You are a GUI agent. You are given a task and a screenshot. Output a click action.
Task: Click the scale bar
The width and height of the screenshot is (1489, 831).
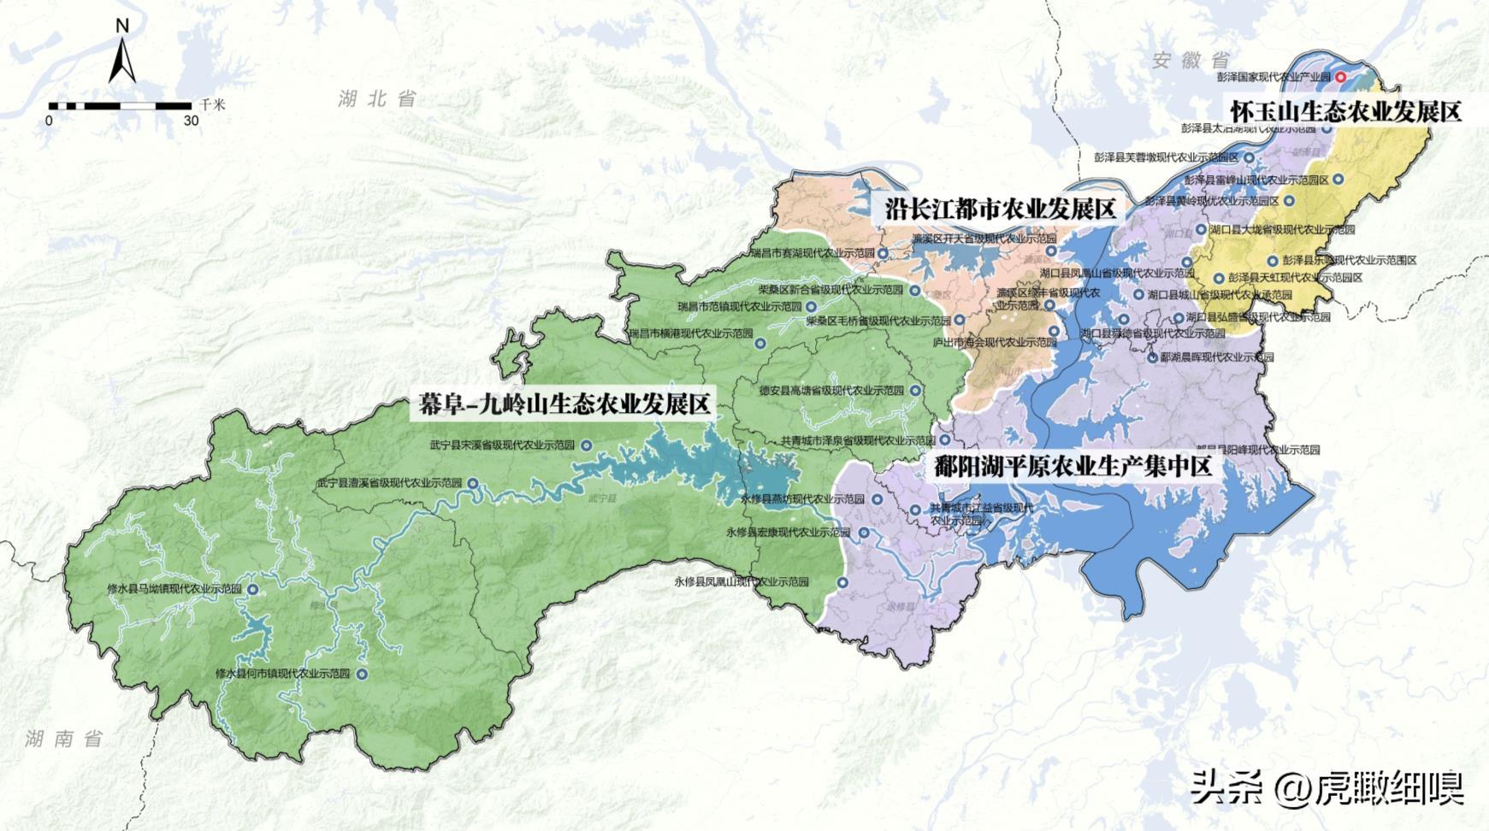[x=120, y=106]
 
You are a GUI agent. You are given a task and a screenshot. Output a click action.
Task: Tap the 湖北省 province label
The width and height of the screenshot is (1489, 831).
[x=376, y=98]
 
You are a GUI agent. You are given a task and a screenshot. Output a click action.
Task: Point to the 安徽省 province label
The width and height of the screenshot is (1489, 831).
[x=1190, y=60]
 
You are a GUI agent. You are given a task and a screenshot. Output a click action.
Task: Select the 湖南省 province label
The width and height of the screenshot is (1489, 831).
[x=64, y=739]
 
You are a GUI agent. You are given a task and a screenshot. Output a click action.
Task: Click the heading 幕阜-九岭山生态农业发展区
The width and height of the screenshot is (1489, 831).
[x=564, y=404]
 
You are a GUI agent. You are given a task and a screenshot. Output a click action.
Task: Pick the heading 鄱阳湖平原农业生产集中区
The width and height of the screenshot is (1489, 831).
[x=1073, y=467]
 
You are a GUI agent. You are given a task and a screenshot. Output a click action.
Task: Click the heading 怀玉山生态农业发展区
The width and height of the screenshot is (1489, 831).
[x=1346, y=111]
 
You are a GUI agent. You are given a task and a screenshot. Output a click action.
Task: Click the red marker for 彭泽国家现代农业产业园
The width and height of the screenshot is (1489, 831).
[x=1341, y=77]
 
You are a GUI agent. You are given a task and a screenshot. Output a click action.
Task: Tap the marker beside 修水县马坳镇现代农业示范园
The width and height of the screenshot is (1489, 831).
[x=252, y=589]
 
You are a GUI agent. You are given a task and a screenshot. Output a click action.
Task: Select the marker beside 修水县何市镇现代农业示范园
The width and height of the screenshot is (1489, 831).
[x=362, y=674]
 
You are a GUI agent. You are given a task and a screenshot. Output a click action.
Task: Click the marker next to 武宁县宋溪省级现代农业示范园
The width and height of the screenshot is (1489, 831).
[x=586, y=445]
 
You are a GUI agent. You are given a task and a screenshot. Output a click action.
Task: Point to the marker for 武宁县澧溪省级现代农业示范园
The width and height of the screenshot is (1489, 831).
[x=472, y=483]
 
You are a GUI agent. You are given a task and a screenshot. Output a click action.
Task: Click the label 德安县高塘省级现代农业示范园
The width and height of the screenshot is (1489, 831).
[x=831, y=390]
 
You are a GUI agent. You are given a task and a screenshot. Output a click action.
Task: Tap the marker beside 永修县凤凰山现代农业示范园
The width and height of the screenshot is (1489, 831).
[x=842, y=582]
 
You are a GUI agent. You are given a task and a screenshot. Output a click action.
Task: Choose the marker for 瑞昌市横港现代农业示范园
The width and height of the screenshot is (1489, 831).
[x=759, y=344]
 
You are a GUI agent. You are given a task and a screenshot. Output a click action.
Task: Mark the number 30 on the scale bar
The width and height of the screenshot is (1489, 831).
[x=191, y=121]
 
